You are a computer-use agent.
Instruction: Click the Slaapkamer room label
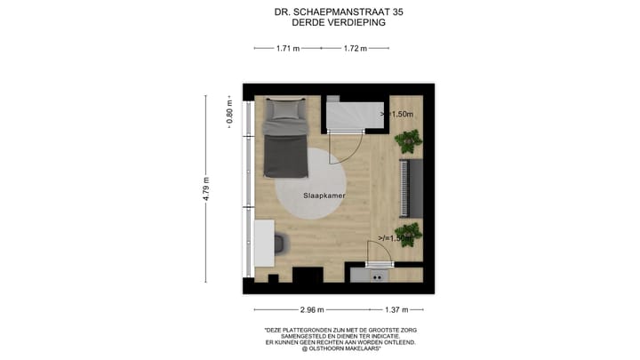click(324, 195)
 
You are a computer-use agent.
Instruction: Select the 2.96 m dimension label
click(312, 309)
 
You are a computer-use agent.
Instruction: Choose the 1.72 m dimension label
click(355, 49)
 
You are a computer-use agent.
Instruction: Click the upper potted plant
click(411, 139)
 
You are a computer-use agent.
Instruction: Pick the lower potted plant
click(410, 236)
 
